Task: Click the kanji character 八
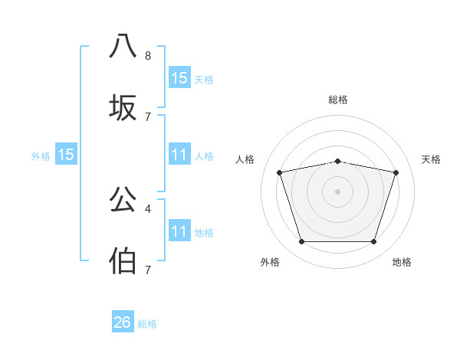pos(123,45)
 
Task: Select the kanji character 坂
pos(123,108)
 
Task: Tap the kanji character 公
pos(123,199)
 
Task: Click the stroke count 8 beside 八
pos(148,56)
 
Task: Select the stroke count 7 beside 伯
pos(148,270)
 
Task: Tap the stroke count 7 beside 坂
pos(148,117)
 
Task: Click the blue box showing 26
pos(123,322)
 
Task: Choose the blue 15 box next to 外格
pos(66,155)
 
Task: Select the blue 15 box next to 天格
pos(179,77)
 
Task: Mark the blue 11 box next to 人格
pos(179,155)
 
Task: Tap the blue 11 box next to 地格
pos(179,231)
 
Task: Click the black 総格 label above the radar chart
pos(338,100)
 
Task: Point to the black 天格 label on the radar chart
pos(432,159)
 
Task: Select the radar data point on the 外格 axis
pos(301,242)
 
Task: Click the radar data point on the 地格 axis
pos(374,242)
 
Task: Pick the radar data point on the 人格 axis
pos(279,172)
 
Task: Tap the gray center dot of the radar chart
pos(337,191)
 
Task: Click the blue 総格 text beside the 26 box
pos(147,324)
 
